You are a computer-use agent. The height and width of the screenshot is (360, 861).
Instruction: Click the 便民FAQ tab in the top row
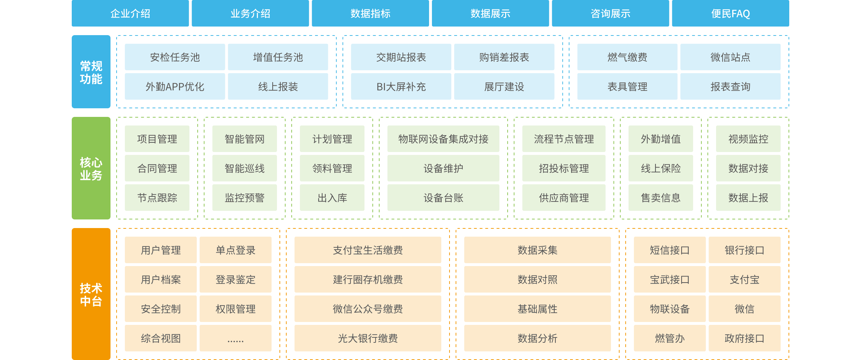click(730, 14)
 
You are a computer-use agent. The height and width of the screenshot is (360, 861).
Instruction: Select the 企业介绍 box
click(130, 14)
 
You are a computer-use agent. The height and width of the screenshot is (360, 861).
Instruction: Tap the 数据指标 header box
click(370, 14)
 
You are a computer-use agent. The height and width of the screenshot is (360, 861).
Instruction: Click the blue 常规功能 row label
click(91, 72)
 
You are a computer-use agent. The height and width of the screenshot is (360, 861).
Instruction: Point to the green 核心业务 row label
click(91, 168)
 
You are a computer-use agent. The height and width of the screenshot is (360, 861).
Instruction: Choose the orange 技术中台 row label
click(91, 294)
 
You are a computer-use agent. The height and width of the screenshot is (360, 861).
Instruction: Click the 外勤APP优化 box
click(175, 86)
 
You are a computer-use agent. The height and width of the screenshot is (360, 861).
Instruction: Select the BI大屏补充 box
click(401, 86)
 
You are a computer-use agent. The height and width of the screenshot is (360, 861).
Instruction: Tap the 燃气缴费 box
click(627, 57)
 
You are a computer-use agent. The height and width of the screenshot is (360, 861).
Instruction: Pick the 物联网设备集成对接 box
click(443, 139)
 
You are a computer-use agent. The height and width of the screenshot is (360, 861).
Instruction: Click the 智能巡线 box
click(244, 168)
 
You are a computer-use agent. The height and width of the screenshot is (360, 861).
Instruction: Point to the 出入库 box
click(332, 198)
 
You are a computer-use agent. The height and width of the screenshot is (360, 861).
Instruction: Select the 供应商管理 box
click(564, 198)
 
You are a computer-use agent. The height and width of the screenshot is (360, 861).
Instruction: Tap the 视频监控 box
click(748, 139)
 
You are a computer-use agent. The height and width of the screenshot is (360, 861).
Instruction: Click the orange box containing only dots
click(235, 338)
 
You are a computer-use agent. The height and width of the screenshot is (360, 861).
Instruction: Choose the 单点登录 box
click(235, 250)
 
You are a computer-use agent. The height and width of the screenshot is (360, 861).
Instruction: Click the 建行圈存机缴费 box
click(368, 279)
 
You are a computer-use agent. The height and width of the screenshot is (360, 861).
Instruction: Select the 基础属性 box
click(537, 309)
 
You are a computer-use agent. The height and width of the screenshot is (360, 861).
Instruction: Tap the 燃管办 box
click(669, 338)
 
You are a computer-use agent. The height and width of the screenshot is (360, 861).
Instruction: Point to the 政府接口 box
click(744, 338)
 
